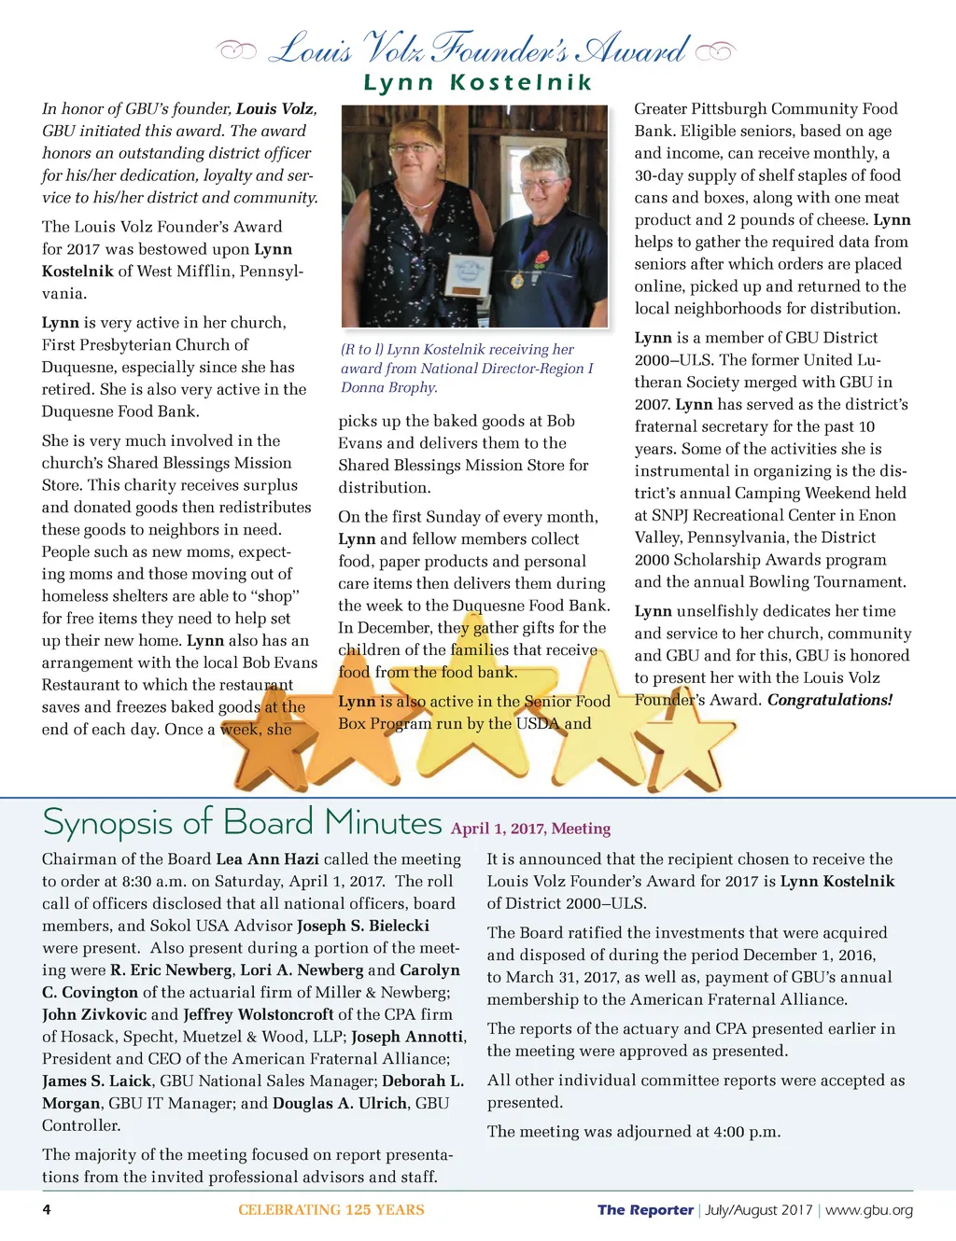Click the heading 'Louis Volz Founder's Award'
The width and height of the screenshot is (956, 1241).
478,49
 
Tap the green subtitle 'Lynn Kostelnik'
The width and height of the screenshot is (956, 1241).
478,83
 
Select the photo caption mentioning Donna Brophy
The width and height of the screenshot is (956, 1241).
467,368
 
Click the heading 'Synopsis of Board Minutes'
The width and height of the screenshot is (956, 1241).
242,823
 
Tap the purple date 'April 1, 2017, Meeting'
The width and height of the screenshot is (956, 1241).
530,829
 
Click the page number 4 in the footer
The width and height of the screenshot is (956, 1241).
47,1210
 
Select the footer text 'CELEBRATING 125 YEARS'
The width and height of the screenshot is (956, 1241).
330,1210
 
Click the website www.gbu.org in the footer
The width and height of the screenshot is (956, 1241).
869,1210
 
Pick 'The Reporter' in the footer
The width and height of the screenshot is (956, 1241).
645,1210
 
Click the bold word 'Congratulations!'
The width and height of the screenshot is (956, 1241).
830,700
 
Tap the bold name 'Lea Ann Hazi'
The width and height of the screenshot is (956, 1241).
267,859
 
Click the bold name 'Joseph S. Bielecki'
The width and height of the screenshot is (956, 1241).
363,926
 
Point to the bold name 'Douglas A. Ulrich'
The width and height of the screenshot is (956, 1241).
340,1104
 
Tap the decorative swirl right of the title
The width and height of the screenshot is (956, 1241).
716,50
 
